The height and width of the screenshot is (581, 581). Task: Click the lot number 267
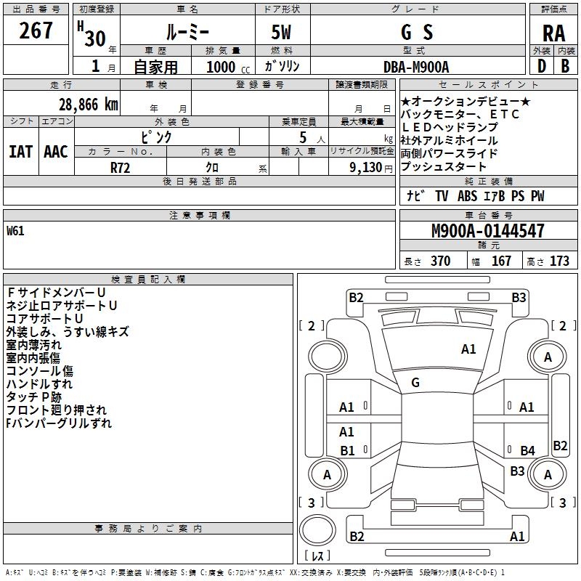click(36, 31)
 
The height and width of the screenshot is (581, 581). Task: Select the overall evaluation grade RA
click(553, 33)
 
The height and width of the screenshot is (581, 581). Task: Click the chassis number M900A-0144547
click(488, 231)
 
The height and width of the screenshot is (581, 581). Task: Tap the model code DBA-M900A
click(416, 67)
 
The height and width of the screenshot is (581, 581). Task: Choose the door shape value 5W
click(282, 33)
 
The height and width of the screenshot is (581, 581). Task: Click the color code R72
click(121, 166)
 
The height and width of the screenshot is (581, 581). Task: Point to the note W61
click(15, 232)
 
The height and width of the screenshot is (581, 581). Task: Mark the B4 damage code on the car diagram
click(527, 451)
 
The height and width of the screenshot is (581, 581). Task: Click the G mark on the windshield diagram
click(415, 382)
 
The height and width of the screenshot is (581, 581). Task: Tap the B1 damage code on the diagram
click(347, 451)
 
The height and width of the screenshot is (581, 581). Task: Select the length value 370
click(440, 261)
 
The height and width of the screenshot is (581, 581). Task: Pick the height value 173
click(559, 261)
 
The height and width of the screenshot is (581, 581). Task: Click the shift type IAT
click(20, 151)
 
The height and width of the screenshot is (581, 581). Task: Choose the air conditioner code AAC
click(56, 151)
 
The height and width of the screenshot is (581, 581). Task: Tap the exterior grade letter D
click(541, 67)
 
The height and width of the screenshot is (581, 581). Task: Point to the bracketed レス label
click(317, 556)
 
